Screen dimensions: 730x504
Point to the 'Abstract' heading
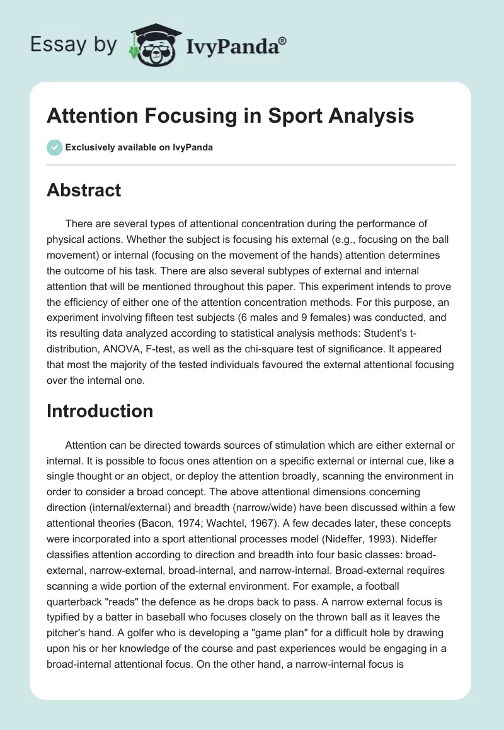tap(83, 190)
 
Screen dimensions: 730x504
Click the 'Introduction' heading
tap(100, 411)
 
